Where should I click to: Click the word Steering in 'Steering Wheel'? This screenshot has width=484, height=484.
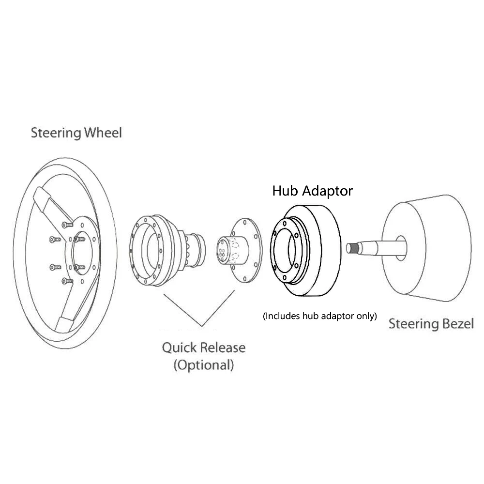pos(54,133)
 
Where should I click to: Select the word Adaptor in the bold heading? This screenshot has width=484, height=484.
pos(328,191)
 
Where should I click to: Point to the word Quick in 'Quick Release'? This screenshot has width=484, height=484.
pos(180,348)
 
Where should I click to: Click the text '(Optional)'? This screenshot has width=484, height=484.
pos(203,364)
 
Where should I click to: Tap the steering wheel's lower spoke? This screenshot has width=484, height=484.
pos(68,310)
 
